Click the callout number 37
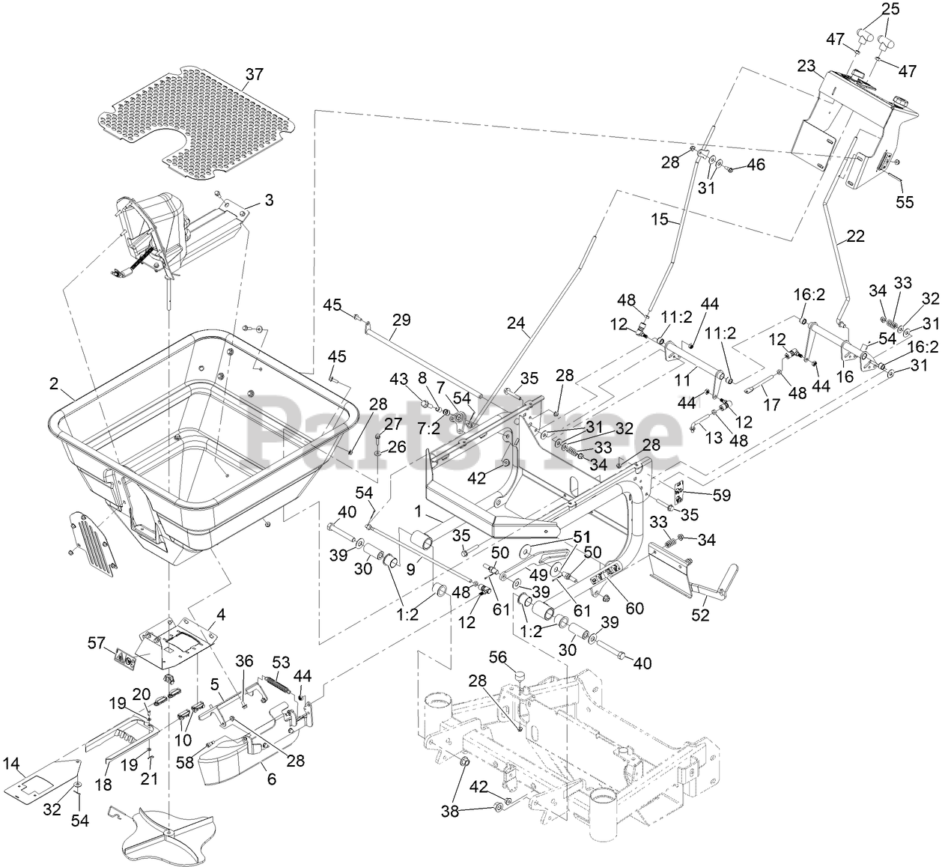click(x=254, y=74)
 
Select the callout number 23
click(x=806, y=66)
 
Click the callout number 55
click(x=905, y=201)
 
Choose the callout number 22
click(x=855, y=237)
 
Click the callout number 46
click(x=756, y=164)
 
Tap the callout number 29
click(x=401, y=320)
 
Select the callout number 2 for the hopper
click(x=54, y=383)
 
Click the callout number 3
click(x=269, y=201)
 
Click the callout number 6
click(x=272, y=779)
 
